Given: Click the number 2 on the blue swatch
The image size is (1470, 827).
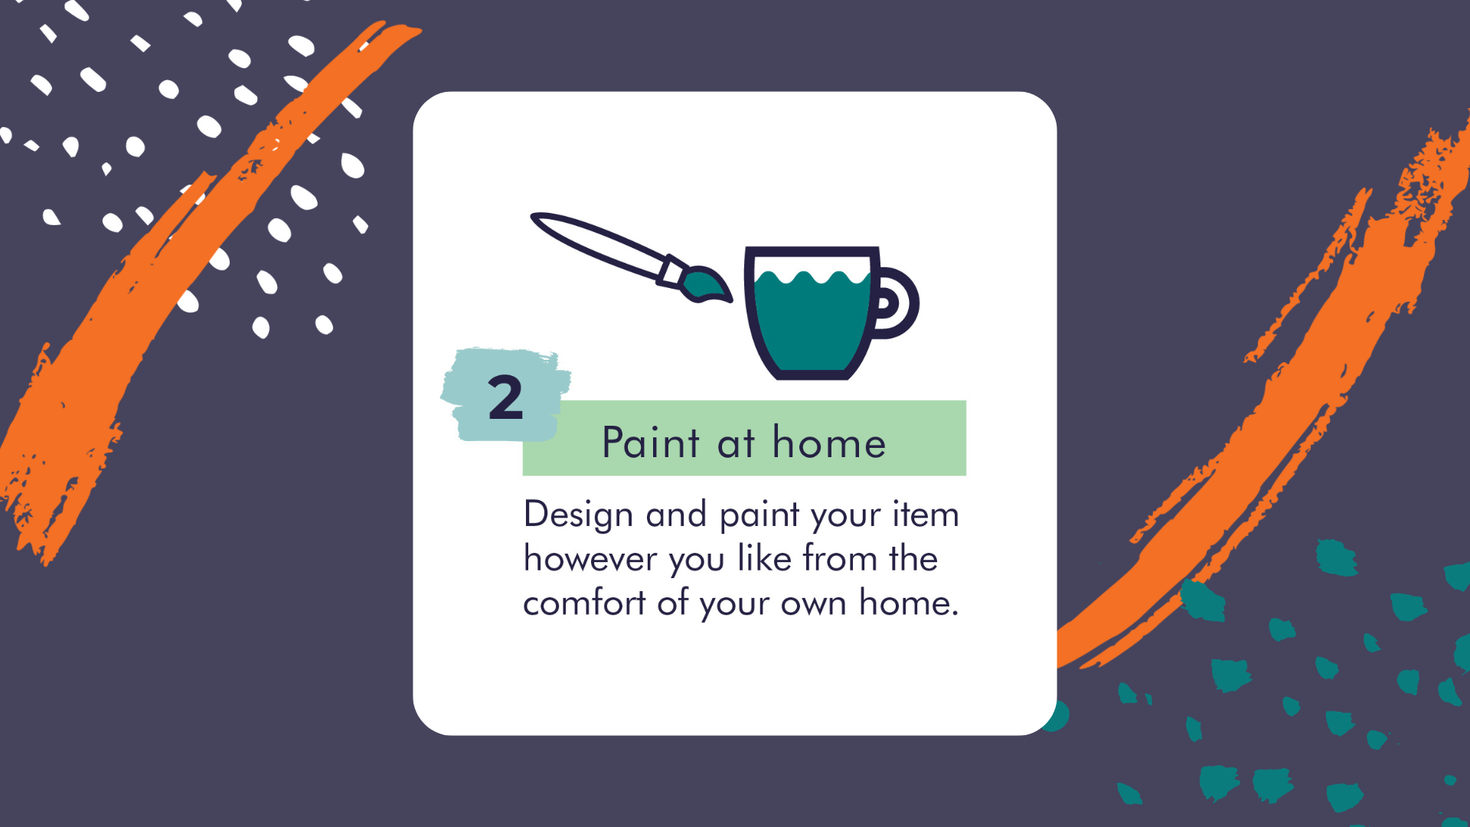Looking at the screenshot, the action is point(505,397).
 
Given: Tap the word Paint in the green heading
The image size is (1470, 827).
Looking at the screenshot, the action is point(651,443).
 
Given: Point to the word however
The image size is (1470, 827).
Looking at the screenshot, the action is point(590,559).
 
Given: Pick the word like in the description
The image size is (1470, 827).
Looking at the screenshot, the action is point(764,558).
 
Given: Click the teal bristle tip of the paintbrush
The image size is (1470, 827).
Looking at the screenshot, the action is point(707,285).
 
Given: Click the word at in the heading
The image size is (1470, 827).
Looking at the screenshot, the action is point(736,444).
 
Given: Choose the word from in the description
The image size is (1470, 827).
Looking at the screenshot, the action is point(841,558).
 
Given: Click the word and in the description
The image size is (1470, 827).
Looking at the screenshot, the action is point(676,514).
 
